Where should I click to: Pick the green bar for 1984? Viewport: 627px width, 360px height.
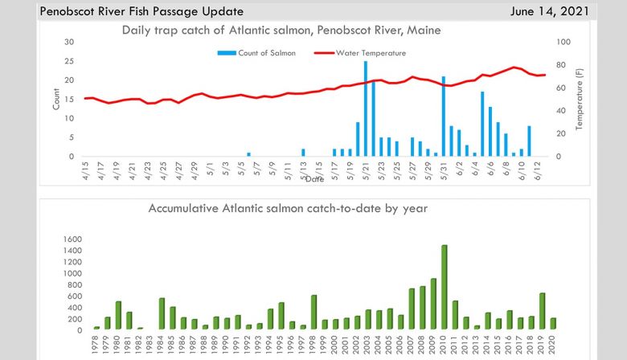pyautogui.click(x=162, y=313)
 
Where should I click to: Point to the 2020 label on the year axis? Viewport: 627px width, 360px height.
pyautogui.click(x=553, y=344)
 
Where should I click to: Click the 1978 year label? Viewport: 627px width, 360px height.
pyautogui.click(x=96, y=344)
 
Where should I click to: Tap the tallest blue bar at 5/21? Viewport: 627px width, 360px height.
pyautogui.click(x=366, y=108)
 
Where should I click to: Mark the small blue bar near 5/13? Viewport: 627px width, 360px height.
pyautogui.click(x=303, y=152)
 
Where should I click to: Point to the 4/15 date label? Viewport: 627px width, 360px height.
pyautogui.click(x=86, y=170)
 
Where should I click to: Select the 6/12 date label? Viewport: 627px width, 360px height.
pyautogui.click(x=537, y=170)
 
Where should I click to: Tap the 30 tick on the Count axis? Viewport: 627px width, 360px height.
pyautogui.click(x=71, y=42)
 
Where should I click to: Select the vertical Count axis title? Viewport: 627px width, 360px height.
pyautogui.click(x=56, y=99)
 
